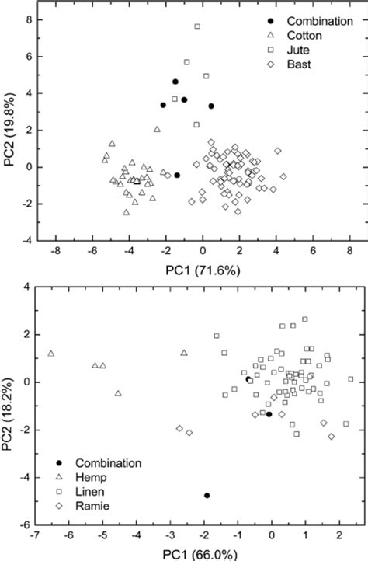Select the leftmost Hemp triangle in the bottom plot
tap(51, 354)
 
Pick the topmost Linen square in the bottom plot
tap(305, 319)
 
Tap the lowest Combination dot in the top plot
tap(177, 176)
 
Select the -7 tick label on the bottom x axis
tap(35, 536)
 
